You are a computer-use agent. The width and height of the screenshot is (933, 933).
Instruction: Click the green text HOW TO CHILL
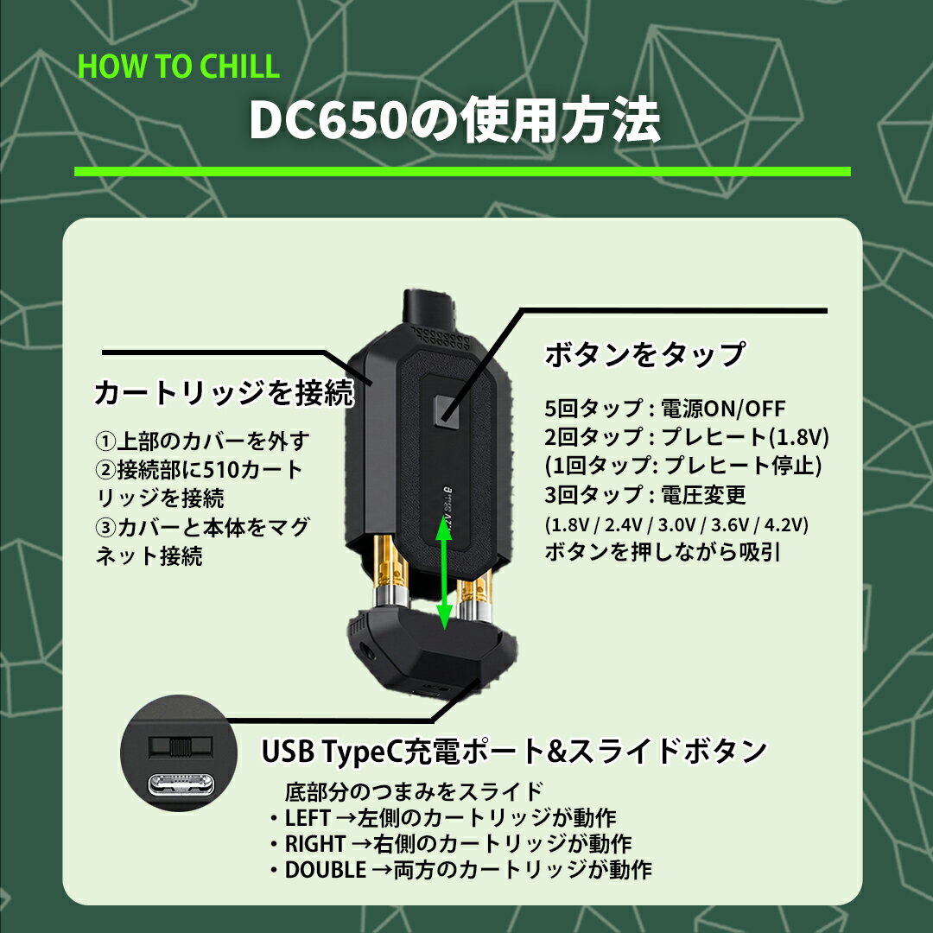(x=179, y=66)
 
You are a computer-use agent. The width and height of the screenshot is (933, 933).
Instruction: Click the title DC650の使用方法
(x=454, y=121)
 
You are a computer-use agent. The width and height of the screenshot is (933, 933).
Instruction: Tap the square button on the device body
(x=447, y=410)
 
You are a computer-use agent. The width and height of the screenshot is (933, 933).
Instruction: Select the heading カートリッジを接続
(x=224, y=393)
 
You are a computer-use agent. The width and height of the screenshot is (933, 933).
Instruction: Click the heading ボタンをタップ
(x=644, y=355)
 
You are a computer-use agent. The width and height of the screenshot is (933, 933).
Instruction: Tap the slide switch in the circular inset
(x=181, y=746)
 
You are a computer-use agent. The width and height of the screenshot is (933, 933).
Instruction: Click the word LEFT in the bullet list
(x=307, y=818)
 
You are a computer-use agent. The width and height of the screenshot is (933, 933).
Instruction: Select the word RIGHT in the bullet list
(x=314, y=844)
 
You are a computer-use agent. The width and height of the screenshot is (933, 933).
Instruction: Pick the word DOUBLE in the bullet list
(x=325, y=870)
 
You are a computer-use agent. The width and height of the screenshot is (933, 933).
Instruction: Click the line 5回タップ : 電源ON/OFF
(x=664, y=409)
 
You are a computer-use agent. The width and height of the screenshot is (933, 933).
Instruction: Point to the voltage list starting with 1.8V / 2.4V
(x=676, y=525)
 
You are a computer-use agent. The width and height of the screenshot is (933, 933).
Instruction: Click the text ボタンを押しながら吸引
(x=662, y=552)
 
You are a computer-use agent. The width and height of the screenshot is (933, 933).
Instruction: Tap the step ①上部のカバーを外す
(x=202, y=441)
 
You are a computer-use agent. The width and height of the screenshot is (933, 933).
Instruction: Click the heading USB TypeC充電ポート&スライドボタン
(x=514, y=751)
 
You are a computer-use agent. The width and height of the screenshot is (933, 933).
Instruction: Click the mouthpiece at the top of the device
(x=428, y=308)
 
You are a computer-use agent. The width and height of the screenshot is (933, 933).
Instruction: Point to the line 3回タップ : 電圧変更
(x=645, y=495)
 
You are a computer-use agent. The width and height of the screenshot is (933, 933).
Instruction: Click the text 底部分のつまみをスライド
(x=414, y=792)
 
